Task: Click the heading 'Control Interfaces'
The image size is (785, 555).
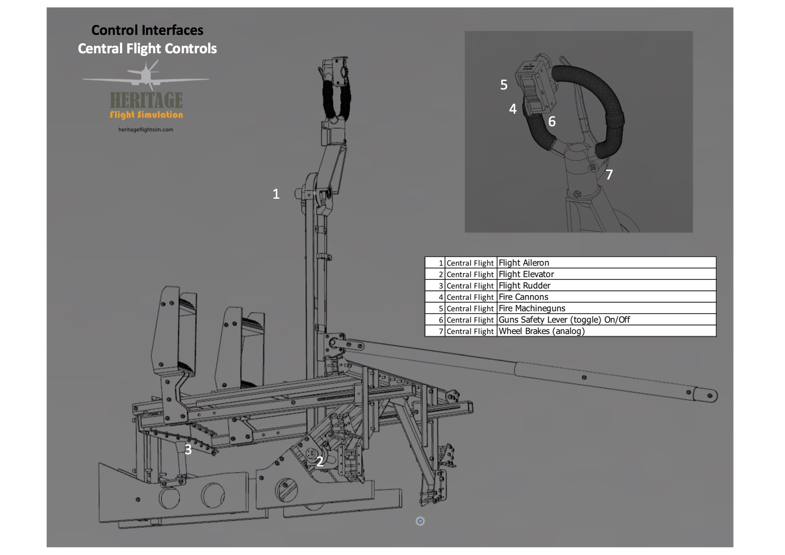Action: [x=147, y=30]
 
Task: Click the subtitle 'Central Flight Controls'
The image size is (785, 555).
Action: [x=147, y=48]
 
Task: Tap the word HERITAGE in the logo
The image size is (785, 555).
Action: [x=146, y=100]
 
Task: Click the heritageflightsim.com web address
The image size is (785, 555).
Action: [x=146, y=130]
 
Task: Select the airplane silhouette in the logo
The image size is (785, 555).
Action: [x=146, y=76]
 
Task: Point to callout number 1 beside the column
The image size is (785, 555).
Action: [x=276, y=194]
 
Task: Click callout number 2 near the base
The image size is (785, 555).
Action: [x=320, y=461]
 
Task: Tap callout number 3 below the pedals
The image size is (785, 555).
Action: [x=188, y=449]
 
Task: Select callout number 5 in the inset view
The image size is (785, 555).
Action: [x=504, y=85]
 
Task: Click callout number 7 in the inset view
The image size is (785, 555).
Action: [x=609, y=175]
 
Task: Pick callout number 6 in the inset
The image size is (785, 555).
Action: [x=552, y=121]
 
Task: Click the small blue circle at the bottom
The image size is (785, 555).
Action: [x=420, y=521]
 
